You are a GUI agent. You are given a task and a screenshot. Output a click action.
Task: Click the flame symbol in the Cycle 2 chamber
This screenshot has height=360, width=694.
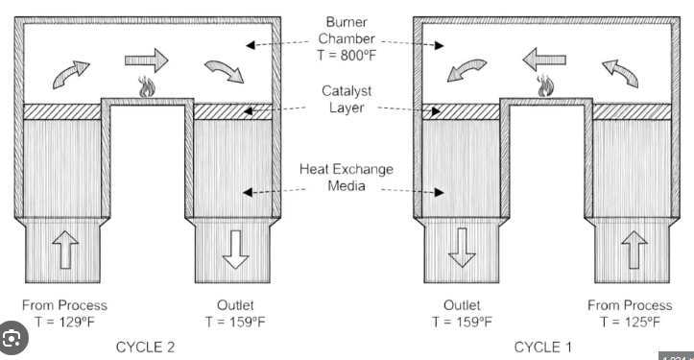147,87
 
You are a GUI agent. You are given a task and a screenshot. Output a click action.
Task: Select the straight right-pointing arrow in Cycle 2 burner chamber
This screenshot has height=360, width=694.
147,61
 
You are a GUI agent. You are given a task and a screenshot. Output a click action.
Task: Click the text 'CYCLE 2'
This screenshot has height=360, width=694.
146,346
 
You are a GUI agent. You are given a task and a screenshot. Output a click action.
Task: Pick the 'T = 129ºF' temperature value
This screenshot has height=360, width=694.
65,321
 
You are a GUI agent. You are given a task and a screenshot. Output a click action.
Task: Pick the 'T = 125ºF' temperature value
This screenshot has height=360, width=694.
630,321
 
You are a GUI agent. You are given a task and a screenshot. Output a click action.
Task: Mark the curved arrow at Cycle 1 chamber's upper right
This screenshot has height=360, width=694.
619,69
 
